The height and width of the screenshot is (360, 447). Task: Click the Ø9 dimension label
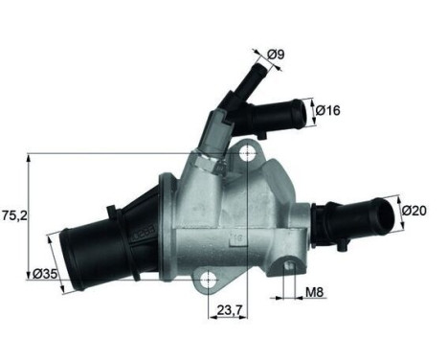(275, 55)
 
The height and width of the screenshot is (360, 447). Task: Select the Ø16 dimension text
(329, 111)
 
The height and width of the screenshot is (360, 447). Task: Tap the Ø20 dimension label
(413, 210)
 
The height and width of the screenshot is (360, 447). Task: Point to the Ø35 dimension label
(43, 275)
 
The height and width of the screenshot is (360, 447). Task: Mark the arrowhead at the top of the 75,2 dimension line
(31, 157)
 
